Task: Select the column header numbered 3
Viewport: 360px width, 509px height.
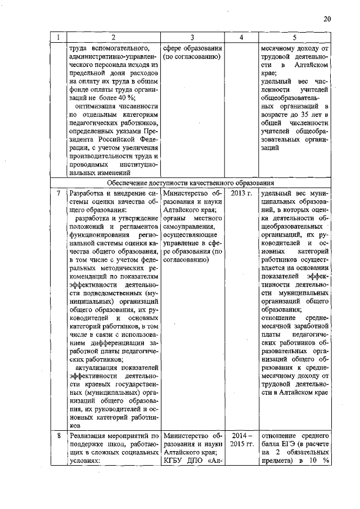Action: point(192,37)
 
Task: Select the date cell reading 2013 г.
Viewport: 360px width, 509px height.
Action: point(241,193)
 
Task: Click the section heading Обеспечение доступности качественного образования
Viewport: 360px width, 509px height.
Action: point(191,183)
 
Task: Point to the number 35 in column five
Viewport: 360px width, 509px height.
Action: point(298,116)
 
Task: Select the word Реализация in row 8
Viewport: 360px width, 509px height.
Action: point(90,436)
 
